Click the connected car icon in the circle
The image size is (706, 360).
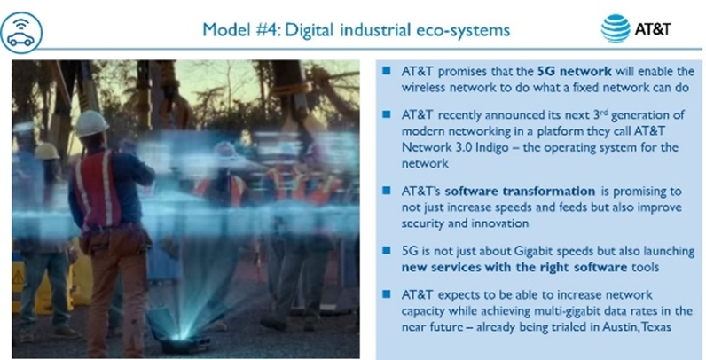tap(21, 33)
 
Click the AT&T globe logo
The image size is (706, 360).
tap(616, 28)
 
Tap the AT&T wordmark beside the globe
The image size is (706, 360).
tap(653, 29)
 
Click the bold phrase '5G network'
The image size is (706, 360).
tap(575, 71)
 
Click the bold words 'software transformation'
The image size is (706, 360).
tap(520, 192)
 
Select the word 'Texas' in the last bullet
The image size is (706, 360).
tap(655, 326)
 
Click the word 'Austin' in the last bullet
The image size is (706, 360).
tap(617, 326)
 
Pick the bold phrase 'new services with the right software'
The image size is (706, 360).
tap(514, 267)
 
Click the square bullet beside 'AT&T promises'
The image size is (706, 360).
tap(387, 71)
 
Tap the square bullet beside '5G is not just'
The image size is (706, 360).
tap(387, 251)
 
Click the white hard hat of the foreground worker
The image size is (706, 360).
tap(91, 123)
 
